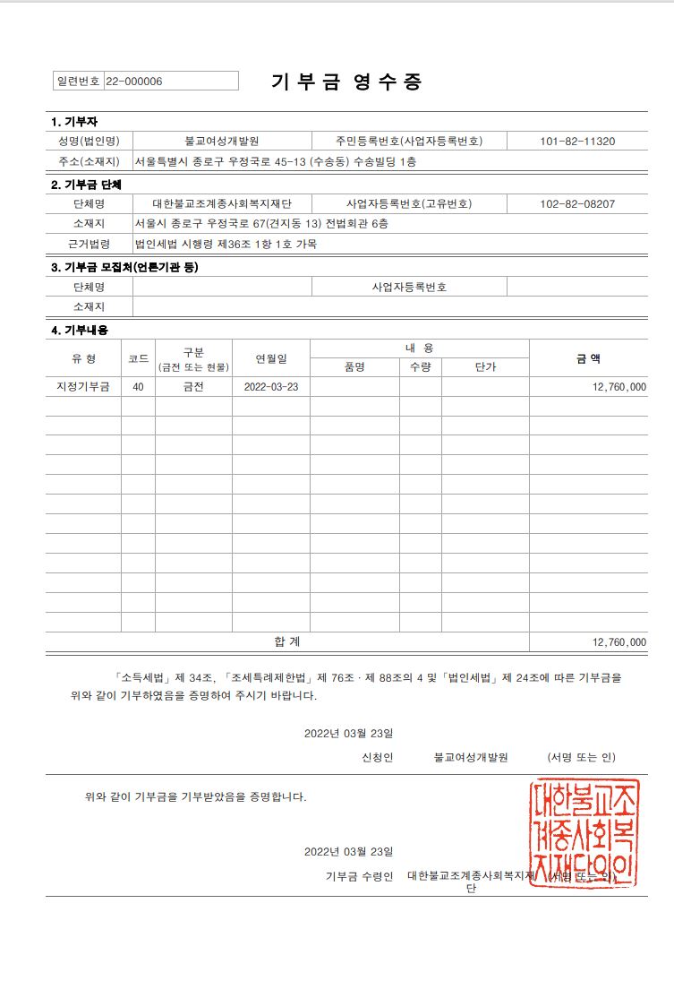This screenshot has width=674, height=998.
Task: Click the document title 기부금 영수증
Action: (346, 82)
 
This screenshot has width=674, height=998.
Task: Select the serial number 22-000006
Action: (134, 82)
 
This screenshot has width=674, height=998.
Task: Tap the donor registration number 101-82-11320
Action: (577, 142)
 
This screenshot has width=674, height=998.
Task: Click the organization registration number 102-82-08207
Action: (577, 204)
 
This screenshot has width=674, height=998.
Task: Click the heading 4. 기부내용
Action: (80, 331)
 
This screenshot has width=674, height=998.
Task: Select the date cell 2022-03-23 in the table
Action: (270, 387)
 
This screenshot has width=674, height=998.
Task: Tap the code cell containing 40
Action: (138, 387)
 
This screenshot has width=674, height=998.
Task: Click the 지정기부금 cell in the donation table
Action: (83, 387)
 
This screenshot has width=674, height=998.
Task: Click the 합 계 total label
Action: (287, 641)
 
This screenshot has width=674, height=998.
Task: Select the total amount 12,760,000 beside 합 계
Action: (619, 642)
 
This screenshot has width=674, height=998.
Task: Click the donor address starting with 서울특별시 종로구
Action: (275, 162)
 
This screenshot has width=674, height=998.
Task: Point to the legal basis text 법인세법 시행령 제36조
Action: (226, 244)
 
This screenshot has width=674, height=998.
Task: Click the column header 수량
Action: (420, 366)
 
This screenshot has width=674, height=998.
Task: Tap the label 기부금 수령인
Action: (359, 876)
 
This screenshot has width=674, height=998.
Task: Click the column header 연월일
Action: (270, 358)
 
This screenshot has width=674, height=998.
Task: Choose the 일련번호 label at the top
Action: (79, 82)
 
